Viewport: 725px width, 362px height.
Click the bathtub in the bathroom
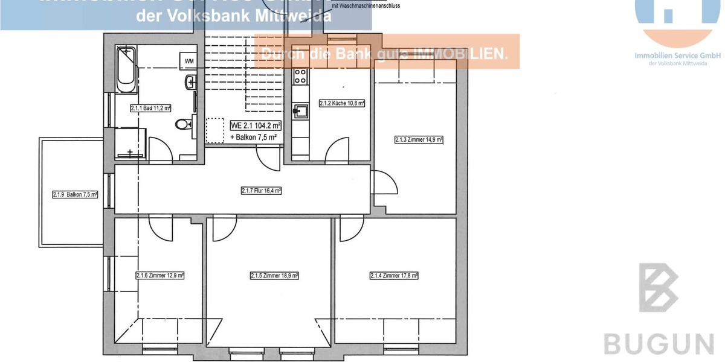126,70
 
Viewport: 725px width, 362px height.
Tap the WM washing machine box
189,61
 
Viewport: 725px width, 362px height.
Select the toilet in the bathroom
183,125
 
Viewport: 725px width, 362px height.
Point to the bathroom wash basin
191,81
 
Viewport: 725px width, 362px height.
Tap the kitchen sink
300,110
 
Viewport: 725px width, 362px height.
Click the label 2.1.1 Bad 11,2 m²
151,109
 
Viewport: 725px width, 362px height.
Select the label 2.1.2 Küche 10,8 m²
342,103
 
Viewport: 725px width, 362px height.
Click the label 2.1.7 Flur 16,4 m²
262,191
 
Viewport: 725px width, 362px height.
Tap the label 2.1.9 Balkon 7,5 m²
75,194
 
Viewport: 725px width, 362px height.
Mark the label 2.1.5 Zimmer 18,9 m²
275,276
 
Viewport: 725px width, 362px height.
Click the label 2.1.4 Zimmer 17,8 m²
394,276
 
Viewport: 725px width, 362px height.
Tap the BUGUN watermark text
659,345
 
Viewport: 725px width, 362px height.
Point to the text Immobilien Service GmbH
677,55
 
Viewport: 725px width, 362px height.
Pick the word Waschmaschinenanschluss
366,5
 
